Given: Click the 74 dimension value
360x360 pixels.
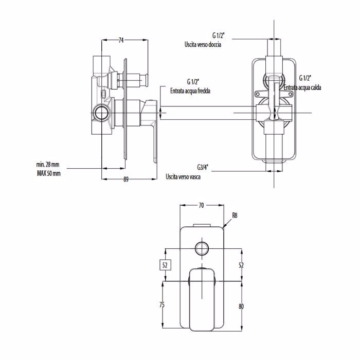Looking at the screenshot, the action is (x=121, y=40).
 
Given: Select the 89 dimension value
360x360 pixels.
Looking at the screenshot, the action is (x=126, y=179).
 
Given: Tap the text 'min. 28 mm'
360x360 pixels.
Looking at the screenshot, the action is (x=48, y=165).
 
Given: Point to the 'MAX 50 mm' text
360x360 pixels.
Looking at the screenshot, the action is (x=49, y=173).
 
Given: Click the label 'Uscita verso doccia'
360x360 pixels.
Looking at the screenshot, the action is (x=203, y=44).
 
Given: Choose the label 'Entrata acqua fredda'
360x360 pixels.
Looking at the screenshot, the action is (x=190, y=91).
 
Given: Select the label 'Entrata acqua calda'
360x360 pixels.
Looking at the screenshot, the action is (x=302, y=87).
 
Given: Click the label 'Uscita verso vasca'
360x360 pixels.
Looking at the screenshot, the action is (x=183, y=177).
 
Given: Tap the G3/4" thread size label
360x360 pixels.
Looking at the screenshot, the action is (x=202, y=167).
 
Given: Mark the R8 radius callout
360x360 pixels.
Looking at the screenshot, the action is (x=235, y=215).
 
